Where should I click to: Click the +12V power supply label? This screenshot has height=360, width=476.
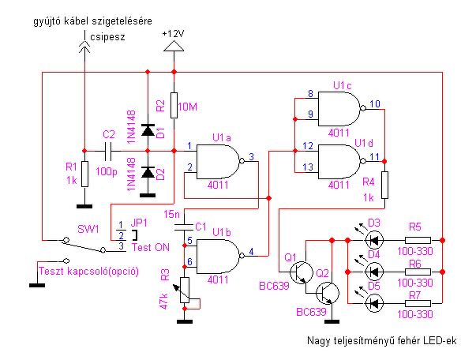[173, 34]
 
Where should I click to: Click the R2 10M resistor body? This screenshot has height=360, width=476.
[174, 105]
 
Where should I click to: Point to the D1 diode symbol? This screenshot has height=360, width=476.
[148, 130]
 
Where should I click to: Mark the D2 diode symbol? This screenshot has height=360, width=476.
[148, 172]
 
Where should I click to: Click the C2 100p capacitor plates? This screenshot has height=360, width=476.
[108, 151]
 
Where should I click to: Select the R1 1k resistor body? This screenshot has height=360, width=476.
[84, 174]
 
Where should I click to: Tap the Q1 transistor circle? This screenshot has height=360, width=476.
[301, 272]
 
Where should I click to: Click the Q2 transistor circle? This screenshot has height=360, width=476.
[328, 293]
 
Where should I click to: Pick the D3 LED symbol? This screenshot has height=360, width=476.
[374, 240]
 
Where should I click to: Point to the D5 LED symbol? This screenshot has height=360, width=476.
[374, 303]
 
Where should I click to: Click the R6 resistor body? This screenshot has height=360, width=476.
[418, 272]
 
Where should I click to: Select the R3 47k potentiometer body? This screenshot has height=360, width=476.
[185, 290]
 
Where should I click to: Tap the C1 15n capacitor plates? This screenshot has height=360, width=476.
[184, 227]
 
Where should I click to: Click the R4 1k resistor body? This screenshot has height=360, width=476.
[384, 186]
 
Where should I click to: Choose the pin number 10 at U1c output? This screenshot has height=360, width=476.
[375, 103]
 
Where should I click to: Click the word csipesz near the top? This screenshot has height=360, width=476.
[107, 37]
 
